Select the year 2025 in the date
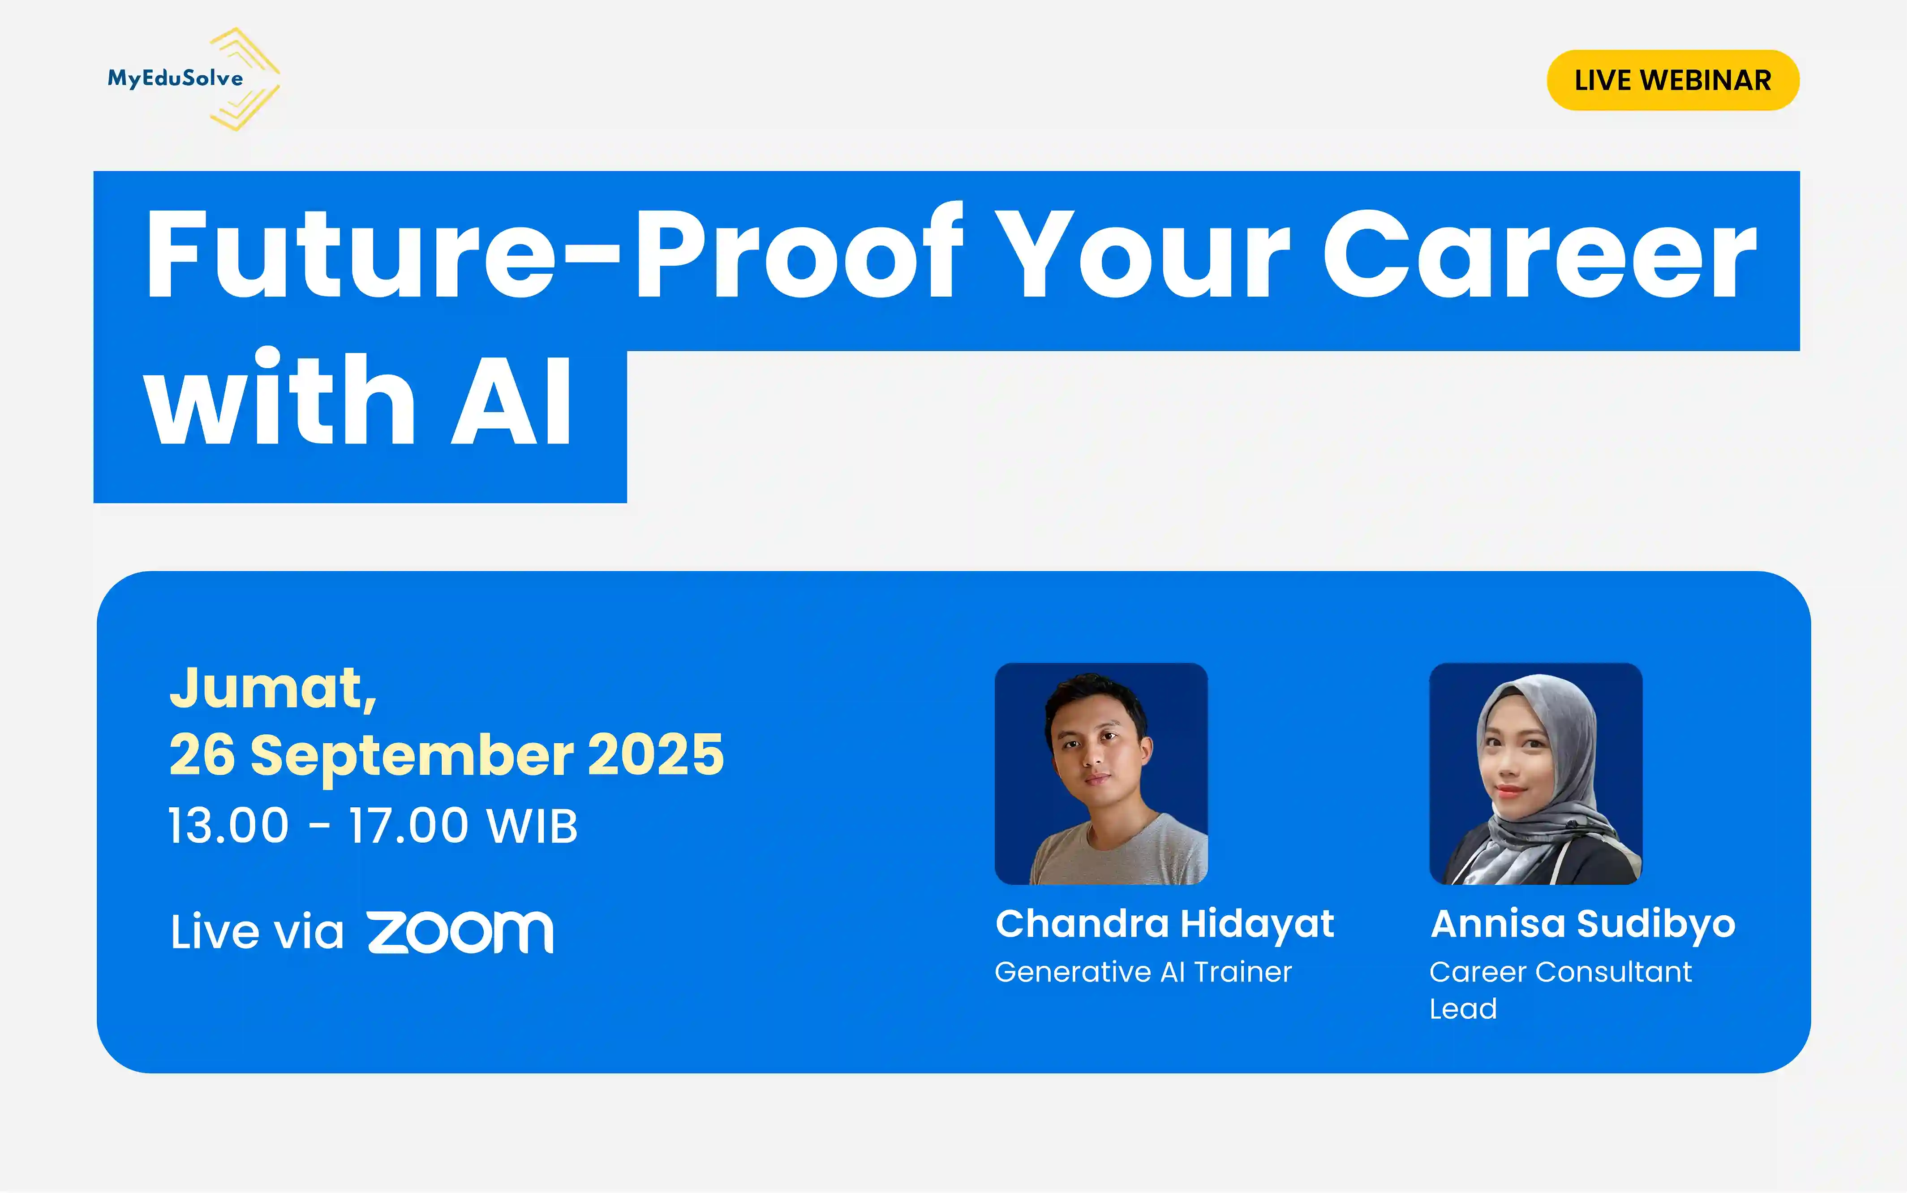[x=655, y=754]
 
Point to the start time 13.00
[x=229, y=826]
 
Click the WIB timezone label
[x=533, y=826]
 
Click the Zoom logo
[x=460, y=932]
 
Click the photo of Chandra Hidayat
[x=1101, y=774]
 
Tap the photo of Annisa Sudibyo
[x=1536, y=774]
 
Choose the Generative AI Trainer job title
[x=1143, y=972]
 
